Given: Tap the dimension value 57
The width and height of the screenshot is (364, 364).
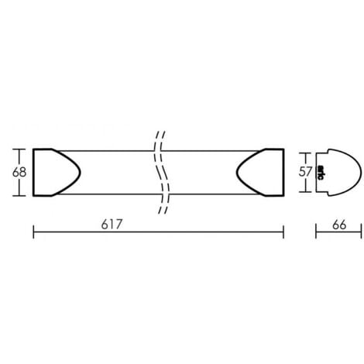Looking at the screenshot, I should [307, 171].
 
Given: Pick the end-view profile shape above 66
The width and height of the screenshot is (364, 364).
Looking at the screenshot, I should [341, 171].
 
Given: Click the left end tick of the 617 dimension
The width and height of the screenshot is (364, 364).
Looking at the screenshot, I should [33, 230].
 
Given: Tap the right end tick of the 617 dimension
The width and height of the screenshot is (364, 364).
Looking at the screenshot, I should [283, 230].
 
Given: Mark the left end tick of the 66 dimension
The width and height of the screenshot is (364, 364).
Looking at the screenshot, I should [317, 230].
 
